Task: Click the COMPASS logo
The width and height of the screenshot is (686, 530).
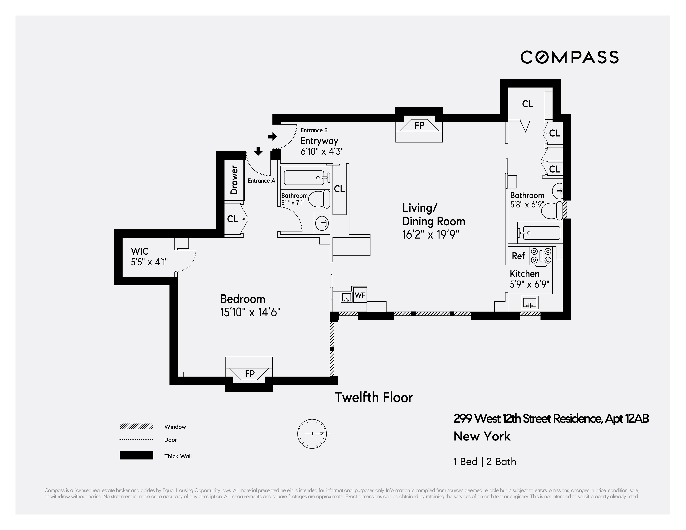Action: pyautogui.click(x=569, y=57)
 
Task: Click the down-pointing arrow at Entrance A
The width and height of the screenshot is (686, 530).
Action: pyautogui.click(x=258, y=151)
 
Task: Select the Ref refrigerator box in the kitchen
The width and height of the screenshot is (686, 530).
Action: pyautogui.click(x=518, y=256)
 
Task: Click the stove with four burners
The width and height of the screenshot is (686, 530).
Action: pyautogui.click(x=541, y=255)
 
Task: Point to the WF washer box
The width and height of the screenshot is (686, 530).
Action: pyautogui.click(x=360, y=295)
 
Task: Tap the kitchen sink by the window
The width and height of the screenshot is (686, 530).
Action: pyautogui.click(x=530, y=302)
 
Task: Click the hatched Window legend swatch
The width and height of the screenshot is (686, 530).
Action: pyautogui.click(x=136, y=427)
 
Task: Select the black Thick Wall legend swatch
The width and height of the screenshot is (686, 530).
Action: pyautogui.click(x=136, y=455)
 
